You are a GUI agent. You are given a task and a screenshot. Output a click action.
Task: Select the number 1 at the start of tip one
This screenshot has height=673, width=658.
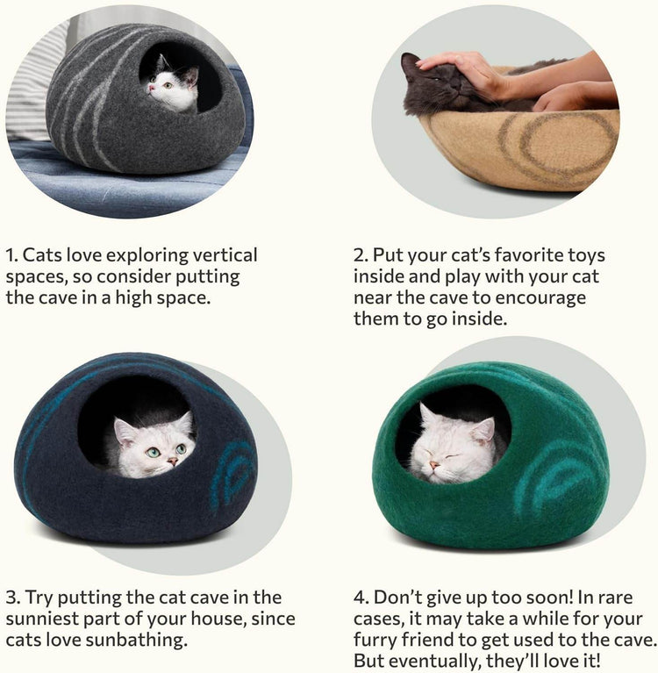pos(11,256)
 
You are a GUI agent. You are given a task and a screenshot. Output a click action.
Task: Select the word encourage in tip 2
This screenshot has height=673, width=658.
pos(545,298)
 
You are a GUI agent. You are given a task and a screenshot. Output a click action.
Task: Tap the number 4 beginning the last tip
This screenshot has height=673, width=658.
pos(360,598)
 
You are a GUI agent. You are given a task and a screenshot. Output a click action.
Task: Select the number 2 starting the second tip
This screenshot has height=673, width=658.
pos(360,256)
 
